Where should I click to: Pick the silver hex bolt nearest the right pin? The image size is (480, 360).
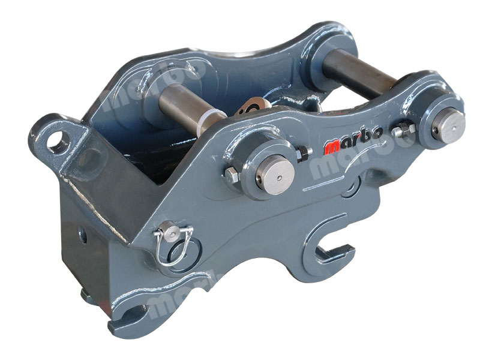403,131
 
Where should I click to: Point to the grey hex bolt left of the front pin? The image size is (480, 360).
232,175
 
